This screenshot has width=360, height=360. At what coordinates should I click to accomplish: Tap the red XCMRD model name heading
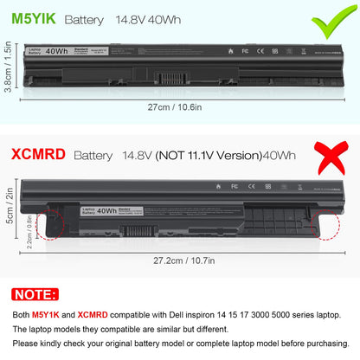pyautogui.click(x=37, y=157)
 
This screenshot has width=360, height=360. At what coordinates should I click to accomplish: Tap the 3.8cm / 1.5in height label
pyautogui.click(x=7, y=68)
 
